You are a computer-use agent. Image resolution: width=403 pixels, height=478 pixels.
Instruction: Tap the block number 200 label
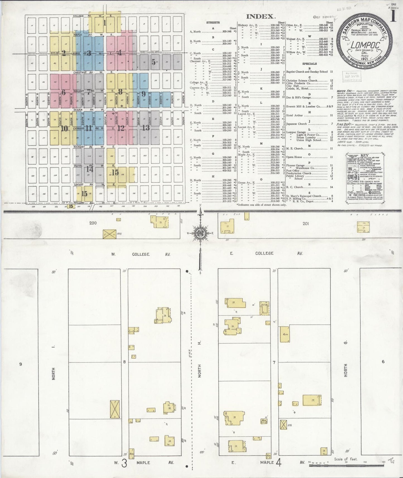click(93, 223)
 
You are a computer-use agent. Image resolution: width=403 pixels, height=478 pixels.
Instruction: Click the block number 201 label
click(306, 223)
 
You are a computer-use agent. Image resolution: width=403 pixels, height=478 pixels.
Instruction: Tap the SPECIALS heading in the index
click(309, 64)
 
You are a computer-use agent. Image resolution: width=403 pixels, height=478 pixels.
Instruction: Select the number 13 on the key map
click(146, 128)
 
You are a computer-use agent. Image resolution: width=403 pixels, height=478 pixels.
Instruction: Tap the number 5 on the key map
click(153, 62)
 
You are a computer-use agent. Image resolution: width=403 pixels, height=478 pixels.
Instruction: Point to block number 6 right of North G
click(383, 361)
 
